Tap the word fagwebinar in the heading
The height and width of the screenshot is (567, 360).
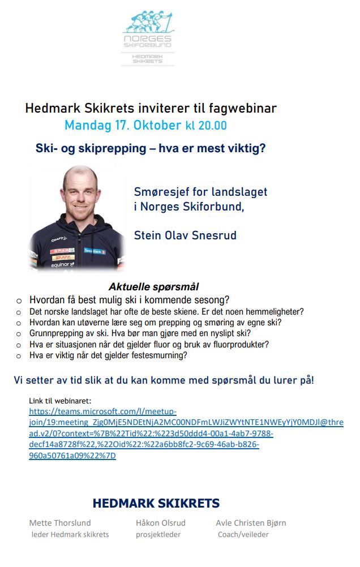click(x=245, y=108)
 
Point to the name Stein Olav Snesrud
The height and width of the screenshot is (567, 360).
click(x=185, y=235)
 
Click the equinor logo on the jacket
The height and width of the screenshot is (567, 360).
click(x=60, y=264)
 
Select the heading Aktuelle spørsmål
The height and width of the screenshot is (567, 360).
click(x=153, y=287)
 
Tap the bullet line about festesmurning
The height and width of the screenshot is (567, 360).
click(x=108, y=355)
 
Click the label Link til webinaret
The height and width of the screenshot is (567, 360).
click(x=63, y=401)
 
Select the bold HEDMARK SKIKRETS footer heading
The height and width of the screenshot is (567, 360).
click(x=156, y=503)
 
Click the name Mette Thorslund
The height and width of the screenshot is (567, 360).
click(x=60, y=523)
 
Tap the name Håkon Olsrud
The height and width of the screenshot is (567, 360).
click(x=160, y=523)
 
